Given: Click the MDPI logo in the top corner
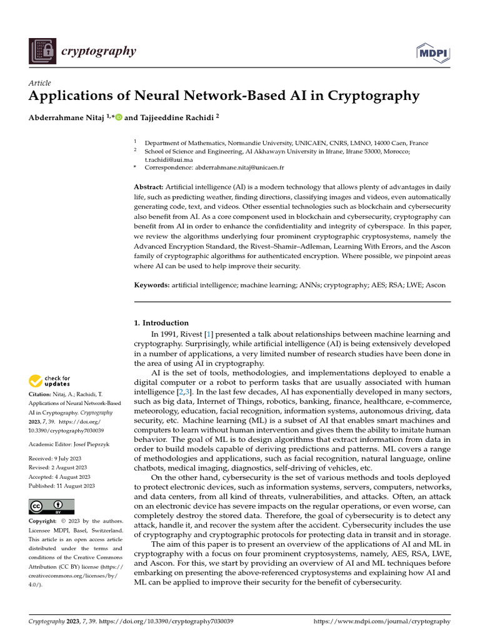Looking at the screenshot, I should pyautogui.click(x=432, y=52).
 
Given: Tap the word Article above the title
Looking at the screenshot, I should pyautogui.click(x=40, y=83).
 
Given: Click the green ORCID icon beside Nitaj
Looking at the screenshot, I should pyautogui.click(x=119, y=116).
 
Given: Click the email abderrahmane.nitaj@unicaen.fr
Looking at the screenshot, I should pyautogui.click(x=239, y=168).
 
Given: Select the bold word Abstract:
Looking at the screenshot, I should pyautogui.click(x=149, y=187).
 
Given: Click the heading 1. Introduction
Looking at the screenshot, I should pyautogui.click(x=161, y=323).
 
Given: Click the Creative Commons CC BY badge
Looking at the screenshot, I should pyautogui.click(x=51, y=506).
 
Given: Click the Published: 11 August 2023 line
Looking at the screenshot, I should pyautogui.click(x=62, y=486).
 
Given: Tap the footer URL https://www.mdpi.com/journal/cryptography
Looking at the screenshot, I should pyautogui.click(x=381, y=621).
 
